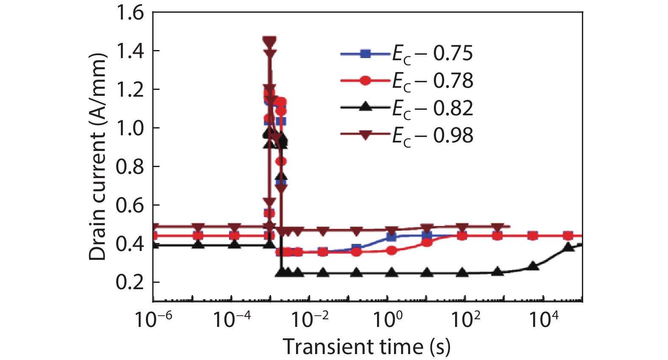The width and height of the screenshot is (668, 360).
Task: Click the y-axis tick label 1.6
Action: pyautogui.click(x=130, y=13)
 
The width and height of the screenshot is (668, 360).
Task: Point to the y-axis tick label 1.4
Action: pyautogui.click(x=130, y=51)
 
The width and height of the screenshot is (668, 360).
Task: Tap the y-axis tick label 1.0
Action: pyautogui.click(x=130, y=128)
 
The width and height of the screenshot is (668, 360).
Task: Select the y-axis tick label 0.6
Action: pyautogui.click(x=130, y=206)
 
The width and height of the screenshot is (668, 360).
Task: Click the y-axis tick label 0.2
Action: pyautogui.click(x=130, y=282)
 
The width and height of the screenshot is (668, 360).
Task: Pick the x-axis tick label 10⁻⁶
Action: pyautogui.click(x=153, y=319)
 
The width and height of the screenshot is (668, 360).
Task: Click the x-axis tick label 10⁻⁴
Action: pyautogui.click(x=231, y=319)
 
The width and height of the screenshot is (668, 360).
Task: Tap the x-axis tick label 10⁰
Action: pyautogui.click(x=388, y=319)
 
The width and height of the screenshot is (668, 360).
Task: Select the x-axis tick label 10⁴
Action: pyautogui.click(x=544, y=319)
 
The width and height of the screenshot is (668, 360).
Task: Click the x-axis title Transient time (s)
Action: pyautogui.click(x=366, y=347)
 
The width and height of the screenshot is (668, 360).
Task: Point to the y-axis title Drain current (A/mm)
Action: pyautogui.click(x=98, y=157)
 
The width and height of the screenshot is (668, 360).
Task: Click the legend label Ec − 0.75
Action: pyautogui.click(x=432, y=54)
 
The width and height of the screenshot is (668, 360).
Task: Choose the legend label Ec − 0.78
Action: pyautogui.click(x=432, y=81)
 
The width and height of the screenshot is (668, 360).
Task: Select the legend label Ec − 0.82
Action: pyautogui.click(x=432, y=109)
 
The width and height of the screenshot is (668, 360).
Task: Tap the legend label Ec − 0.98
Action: pyautogui.click(x=432, y=136)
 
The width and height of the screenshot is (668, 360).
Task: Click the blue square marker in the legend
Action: pyautogui.click(x=365, y=54)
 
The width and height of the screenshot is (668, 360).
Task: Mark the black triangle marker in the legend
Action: pyautogui.click(x=365, y=107)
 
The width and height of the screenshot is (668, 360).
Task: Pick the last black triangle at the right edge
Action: pyautogui.click(x=580, y=245)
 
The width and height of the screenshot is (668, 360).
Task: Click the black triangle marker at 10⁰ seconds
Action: pyautogui.click(x=392, y=272)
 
